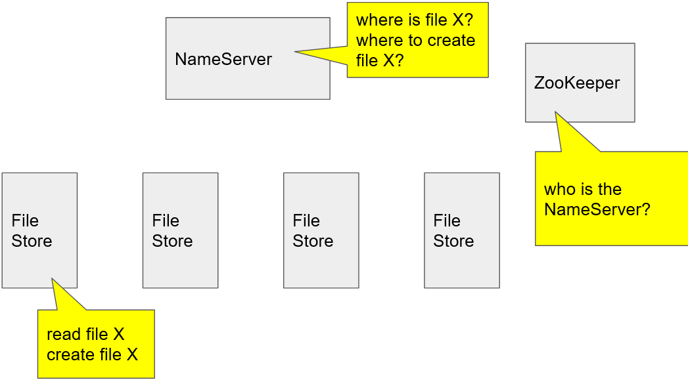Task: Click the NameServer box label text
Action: [x=223, y=59]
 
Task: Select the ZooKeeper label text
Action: [x=576, y=83]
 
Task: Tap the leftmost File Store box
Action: [x=39, y=230]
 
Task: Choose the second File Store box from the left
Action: [x=180, y=230]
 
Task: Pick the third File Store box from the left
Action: [x=321, y=230]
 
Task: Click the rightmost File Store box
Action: [x=461, y=230]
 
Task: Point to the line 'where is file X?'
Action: [x=414, y=20]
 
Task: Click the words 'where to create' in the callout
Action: [x=415, y=40]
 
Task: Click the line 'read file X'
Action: [x=85, y=335]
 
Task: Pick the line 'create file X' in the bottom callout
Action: [x=93, y=355]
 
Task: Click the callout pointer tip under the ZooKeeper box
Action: [x=556, y=113]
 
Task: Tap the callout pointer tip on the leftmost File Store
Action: [x=52, y=279]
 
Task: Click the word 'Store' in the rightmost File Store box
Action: [x=453, y=241]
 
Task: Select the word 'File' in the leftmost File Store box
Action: [x=25, y=221]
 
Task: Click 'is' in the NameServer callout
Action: [x=412, y=20]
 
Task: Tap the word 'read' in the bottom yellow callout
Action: [x=63, y=335]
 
